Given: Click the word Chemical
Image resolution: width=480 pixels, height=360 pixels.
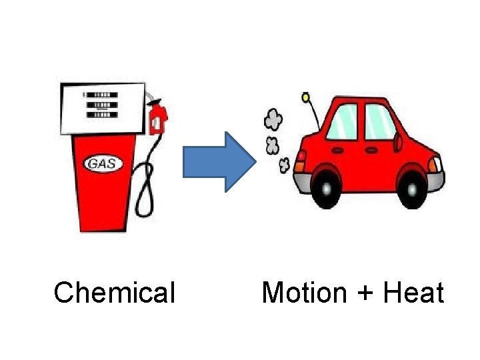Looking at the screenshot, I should pos(114,293).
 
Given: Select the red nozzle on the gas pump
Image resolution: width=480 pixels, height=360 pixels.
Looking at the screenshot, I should pos(158,119).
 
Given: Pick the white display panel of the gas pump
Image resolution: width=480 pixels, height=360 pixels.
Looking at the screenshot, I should pos(102,107).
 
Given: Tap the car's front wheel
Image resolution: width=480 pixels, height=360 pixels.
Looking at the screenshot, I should pos(409,189).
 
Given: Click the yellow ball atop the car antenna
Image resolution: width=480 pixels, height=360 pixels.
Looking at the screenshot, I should pos(305,98).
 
